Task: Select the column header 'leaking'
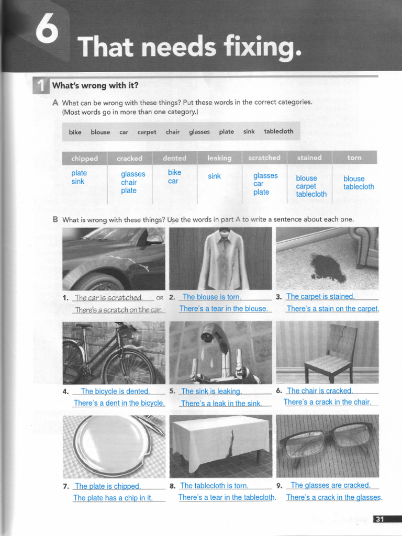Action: pos(219,158)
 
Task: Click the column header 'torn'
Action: pos(354,158)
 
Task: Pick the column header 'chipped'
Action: pos(85,158)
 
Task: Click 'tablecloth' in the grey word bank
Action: pos(278,131)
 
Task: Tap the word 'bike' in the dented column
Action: pos(174,172)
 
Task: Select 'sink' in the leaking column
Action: pos(214,176)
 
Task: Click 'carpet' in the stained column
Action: pos(306,186)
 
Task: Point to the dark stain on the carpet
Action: pos(328,267)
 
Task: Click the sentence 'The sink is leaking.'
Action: pos(211,392)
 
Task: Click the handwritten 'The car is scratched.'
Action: pos(108,298)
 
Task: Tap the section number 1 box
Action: pos(41,85)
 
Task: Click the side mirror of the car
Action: pos(155,239)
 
